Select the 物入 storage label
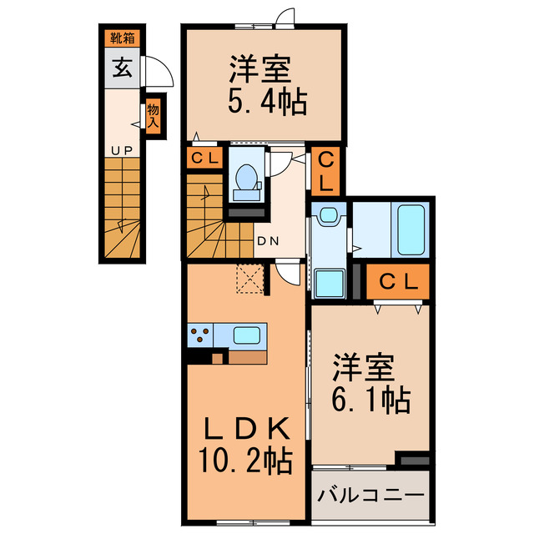153,114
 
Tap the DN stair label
267,242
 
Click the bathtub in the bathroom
411,229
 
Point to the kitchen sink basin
248,335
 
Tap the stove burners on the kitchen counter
200,335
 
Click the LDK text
248,429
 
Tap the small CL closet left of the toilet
204,158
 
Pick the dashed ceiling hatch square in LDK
249,278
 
